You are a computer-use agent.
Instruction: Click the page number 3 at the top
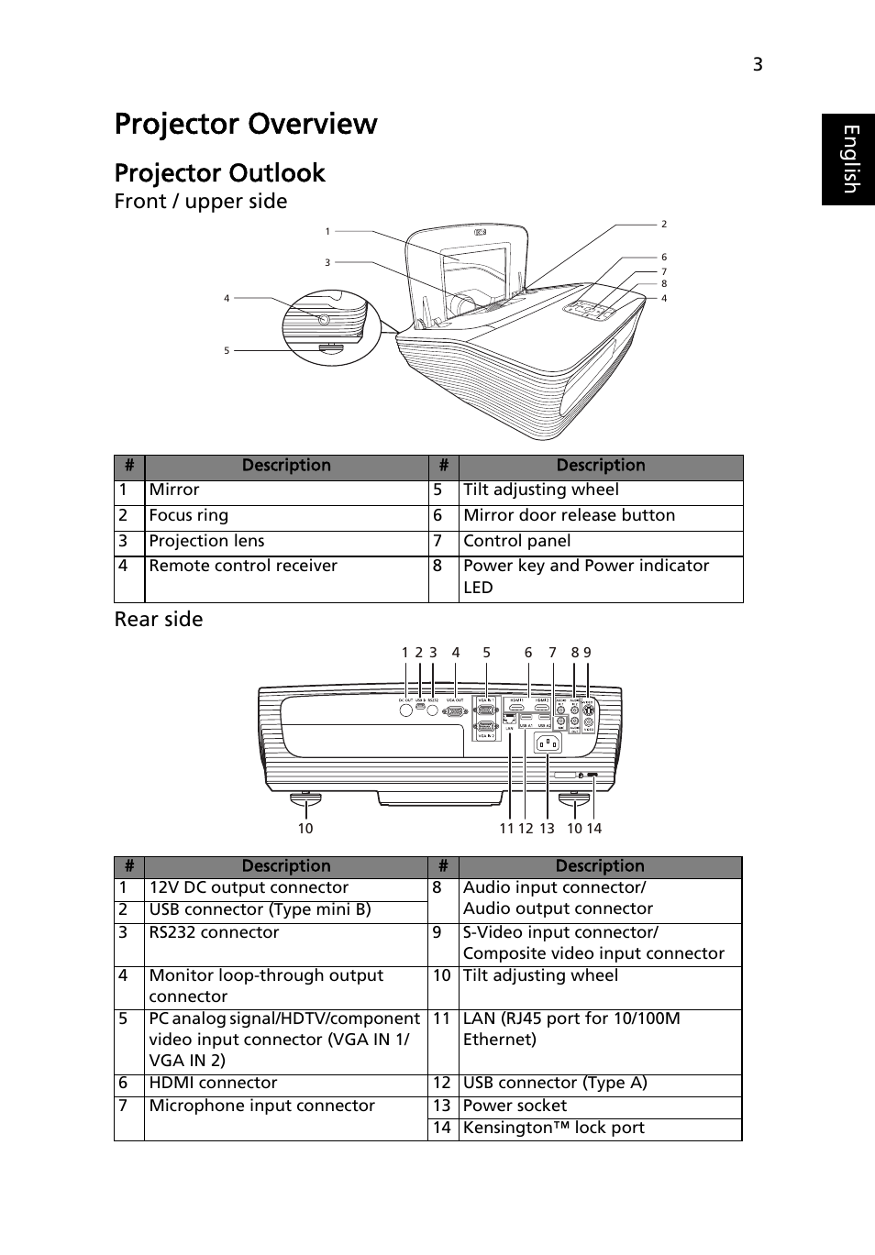point(758,64)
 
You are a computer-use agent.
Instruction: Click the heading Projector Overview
point(246,124)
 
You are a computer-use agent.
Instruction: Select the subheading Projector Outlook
point(220,173)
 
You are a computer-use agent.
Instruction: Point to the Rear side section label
point(159,620)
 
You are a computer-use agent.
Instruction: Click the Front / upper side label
point(201,202)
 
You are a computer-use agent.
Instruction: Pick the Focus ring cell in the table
point(189,516)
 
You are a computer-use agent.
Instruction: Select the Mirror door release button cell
point(569,516)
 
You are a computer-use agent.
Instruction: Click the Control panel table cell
point(516,542)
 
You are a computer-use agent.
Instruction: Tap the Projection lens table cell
point(206,542)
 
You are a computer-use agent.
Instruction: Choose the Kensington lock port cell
point(553,1128)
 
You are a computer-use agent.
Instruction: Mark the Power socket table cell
point(515,1106)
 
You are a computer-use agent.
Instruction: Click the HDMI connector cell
point(213,1084)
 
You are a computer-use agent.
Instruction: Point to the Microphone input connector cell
point(261,1106)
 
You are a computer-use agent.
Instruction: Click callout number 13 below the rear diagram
point(547,829)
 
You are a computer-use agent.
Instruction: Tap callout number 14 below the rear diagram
point(593,829)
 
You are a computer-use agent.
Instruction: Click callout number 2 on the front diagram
point(664,225)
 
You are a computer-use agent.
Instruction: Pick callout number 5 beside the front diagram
point(227,350)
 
